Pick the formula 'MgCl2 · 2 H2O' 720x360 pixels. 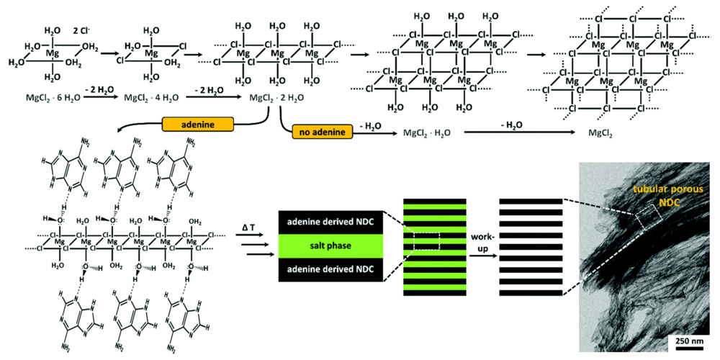277,97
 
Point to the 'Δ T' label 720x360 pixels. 249,228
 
